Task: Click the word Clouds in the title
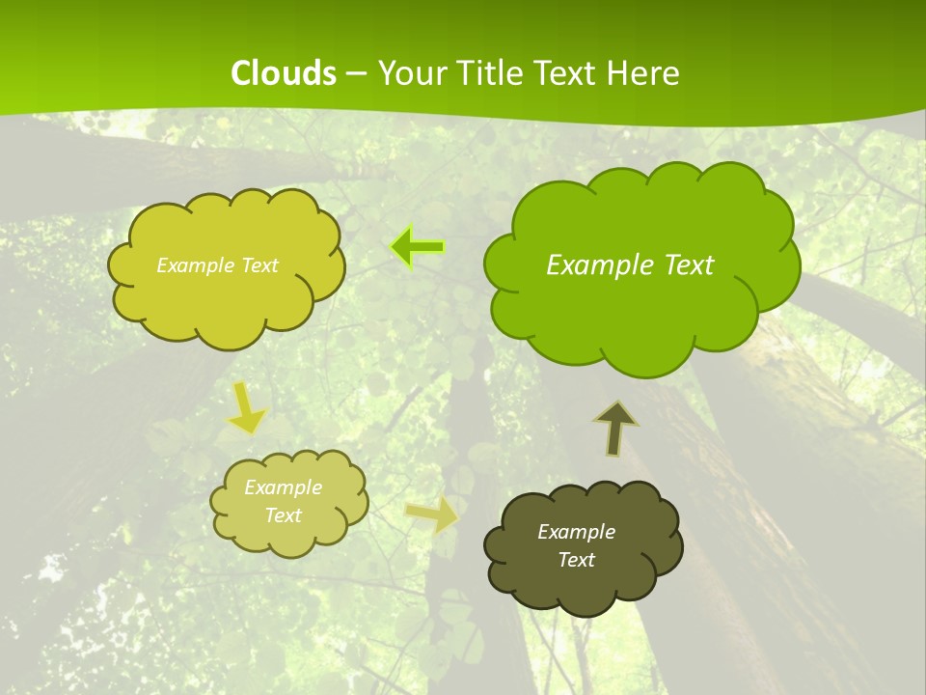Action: (284, 73)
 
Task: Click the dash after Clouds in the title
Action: (355, 74)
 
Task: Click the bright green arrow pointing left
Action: (417, 247)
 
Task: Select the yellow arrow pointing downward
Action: (246, 409)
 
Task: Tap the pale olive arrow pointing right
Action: (433, 514)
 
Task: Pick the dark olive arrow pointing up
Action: (616, 428)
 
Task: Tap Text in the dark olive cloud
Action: (576, 560)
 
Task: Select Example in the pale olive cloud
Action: (283, 487)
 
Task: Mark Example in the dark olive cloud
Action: (576, 532)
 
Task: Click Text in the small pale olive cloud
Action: (283, 515)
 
